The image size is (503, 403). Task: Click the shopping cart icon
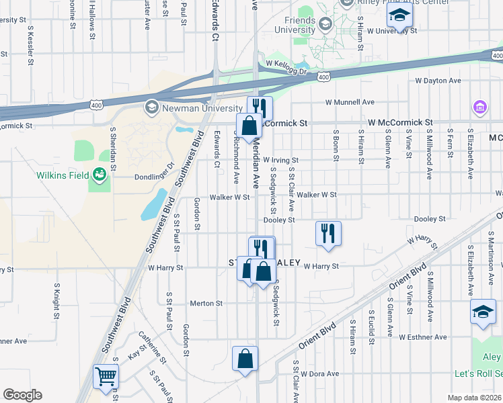106,376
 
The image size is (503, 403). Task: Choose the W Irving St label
280,161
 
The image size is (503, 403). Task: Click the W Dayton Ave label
438,81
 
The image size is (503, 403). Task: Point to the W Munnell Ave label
349,103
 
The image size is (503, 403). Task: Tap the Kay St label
137,351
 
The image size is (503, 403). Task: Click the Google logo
22,395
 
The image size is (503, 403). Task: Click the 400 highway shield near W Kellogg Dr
324,78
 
